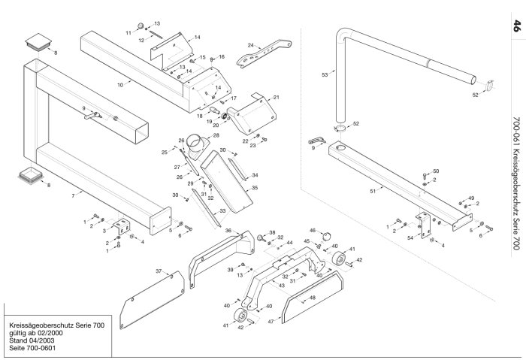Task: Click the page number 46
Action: (517, 26)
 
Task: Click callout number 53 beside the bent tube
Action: (325, 74)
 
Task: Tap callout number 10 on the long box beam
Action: (120, 85)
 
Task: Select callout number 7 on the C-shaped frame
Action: (73, 195)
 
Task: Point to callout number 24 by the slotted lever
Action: (251, 45)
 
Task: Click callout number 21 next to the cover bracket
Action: (276, 97)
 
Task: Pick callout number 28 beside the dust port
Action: (216, 135)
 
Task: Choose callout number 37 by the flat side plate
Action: (159, 271)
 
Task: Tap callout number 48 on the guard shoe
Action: (313, 298)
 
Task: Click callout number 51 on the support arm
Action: (373, 191)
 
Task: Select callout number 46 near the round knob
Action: (313, 231)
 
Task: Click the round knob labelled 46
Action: (326, 237)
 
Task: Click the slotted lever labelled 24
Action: (264, 53)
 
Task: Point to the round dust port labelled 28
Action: (197, 147)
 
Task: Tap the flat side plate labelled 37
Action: (152, 300)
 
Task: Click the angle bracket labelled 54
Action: (425, 225)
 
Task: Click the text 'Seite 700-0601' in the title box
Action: (32, 348)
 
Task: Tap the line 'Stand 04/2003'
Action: (32, 340)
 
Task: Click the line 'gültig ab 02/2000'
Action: (36, 333)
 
